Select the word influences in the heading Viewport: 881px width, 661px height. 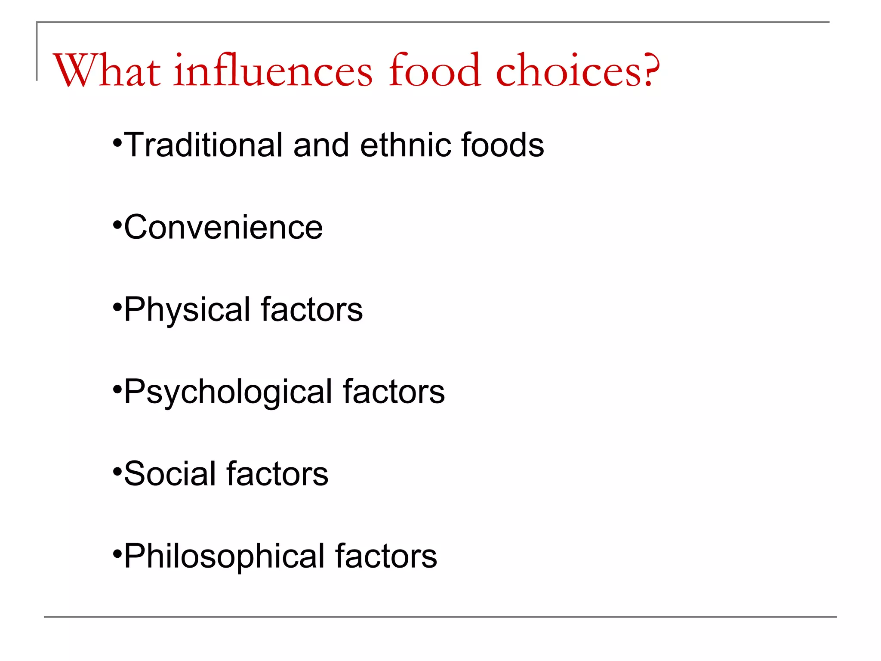point(273,70)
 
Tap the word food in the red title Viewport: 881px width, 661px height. point(434,70)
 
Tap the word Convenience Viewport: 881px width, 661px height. point(223,227)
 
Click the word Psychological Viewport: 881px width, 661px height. point(228,392)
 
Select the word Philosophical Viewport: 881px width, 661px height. point(224,556)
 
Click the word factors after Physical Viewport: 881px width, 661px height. point(312,309)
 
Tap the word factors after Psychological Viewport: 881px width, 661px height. point(394,392)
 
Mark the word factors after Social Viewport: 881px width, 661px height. point(277,474)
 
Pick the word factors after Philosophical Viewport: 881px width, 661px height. point(386,556)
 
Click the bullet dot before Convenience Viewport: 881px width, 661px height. point(117,225)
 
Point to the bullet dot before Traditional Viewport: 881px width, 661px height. point(117,142)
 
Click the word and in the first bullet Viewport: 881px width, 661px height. point(321,145)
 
